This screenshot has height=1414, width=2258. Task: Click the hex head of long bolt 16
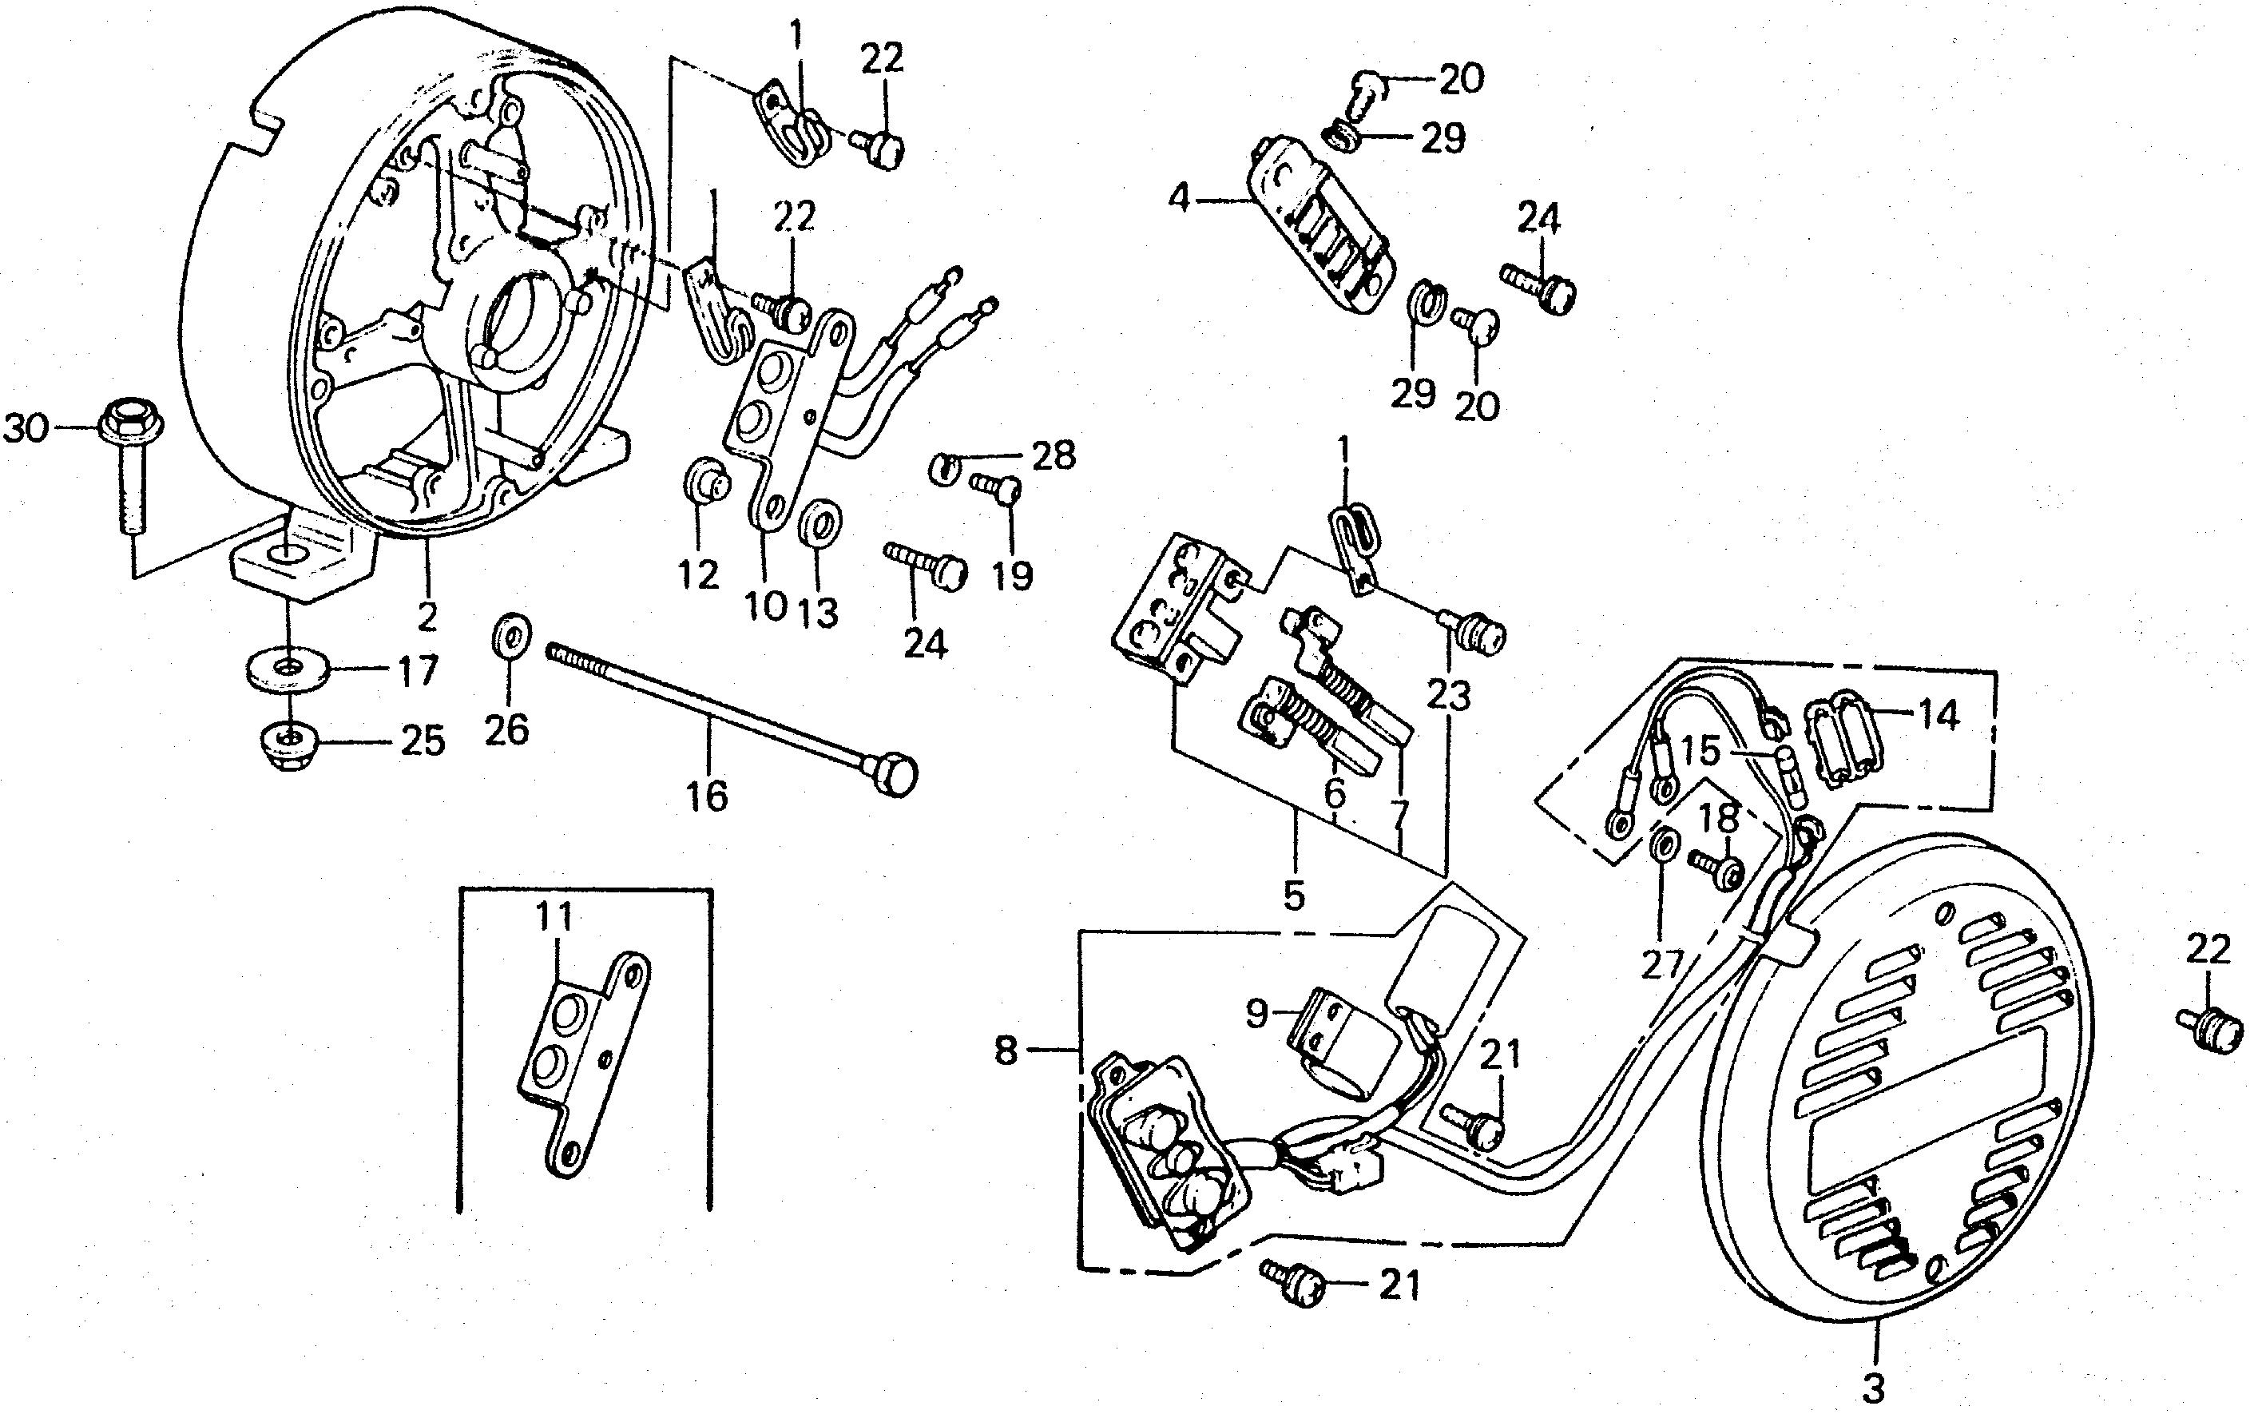coord(894,775)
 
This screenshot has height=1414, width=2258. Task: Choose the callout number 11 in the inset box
coord(554,916)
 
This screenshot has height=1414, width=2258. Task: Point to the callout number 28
coord(1053,456)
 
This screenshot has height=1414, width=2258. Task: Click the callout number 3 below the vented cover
coord(1873,1388)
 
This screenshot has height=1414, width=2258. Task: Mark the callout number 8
coord(1005,1051)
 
